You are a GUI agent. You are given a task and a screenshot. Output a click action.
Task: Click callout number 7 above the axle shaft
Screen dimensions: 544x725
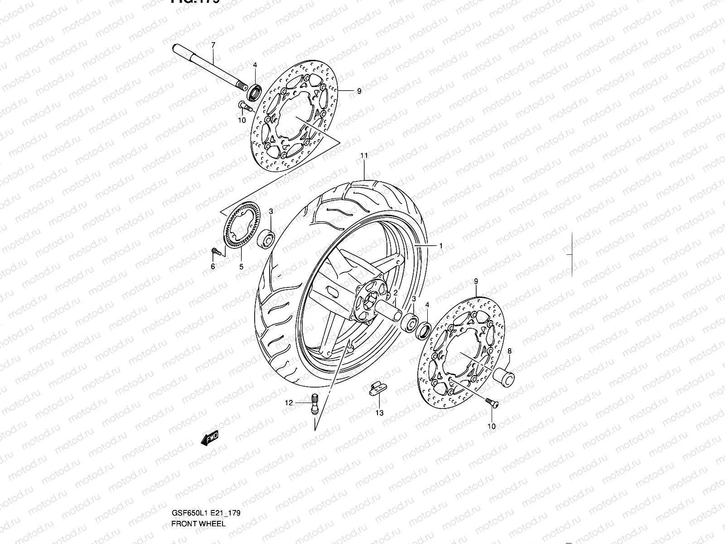[x=213, y=45]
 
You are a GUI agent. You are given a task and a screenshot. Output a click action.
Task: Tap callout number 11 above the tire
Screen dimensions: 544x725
[x=363, y=155]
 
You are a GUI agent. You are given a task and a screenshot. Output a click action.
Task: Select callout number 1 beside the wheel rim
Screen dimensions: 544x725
[x=440, y=246]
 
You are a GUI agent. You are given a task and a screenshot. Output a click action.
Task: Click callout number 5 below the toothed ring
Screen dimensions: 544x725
[x=241, y=267]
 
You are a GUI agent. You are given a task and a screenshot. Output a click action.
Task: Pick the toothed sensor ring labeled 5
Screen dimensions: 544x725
[x=241, y=227]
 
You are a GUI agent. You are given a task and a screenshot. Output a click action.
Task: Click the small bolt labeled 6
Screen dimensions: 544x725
[x=215, y=251]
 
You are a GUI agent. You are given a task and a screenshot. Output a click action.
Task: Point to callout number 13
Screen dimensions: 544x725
[x=379, y=413]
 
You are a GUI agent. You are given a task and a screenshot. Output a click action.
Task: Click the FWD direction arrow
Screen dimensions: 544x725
[x=211, y=439]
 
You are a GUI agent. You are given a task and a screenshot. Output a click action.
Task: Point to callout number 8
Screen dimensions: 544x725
[x=509, y=351]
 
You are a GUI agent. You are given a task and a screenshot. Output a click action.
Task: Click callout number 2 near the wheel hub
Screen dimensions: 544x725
[x=395, y=293]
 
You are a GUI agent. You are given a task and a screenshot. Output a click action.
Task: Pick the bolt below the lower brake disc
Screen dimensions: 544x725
[x=490, y=402]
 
